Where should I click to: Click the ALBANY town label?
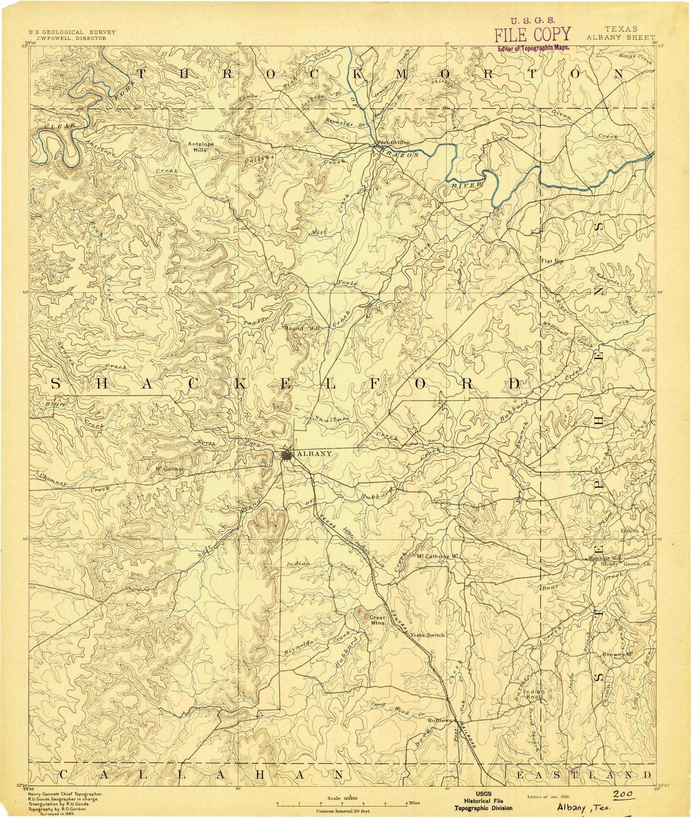coord(314,453)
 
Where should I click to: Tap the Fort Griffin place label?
coord(394,142)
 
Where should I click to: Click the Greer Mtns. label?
coord(378,620)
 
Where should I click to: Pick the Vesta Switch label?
coord(428,634)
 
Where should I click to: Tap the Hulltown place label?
coord(440,720)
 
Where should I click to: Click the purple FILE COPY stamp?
coord(532,34)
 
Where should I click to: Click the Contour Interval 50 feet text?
coord(343,811)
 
